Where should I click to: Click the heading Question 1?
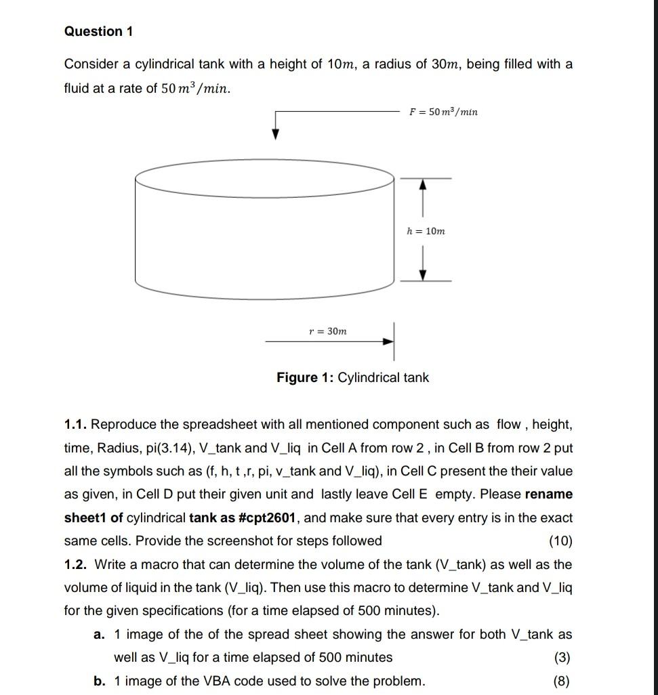[x=99, y=31]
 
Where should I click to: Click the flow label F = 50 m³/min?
[x=443, y=112]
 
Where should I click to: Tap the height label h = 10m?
[x=426, y=231]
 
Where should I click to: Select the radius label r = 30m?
[x=327, y=331]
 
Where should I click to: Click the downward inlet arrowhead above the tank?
[x=275, y=134]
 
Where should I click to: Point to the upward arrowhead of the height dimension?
[x=423, y=184]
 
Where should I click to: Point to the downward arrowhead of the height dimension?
[x=423, y=274]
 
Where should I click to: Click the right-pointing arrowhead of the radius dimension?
[x=388, y=341]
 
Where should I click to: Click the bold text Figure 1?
[x=305, y=377]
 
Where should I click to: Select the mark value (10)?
[x=560, y=541]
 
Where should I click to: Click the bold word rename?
[x=549, y=494]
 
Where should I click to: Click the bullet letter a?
[x=99, y=635]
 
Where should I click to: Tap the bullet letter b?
[x=99, y=681]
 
